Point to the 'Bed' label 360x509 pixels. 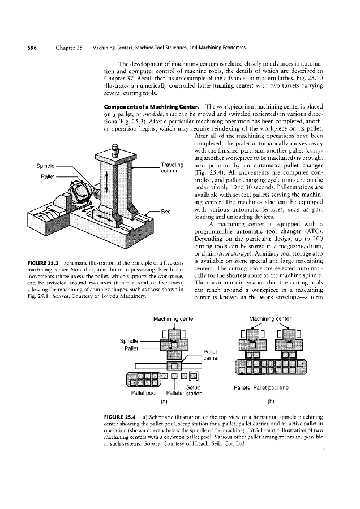click(x=166, y=212)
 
